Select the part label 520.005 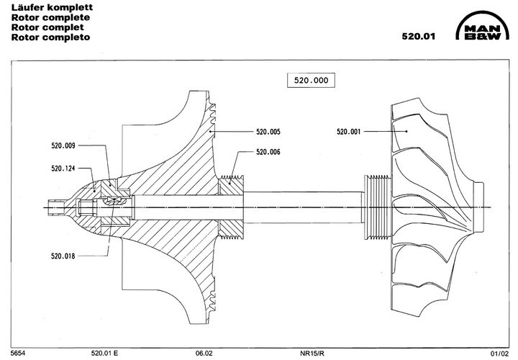[x=268, y=132]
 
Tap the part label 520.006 [x=268, y=152]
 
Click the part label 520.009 [x=63, y=145]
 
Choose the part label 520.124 [x=63, y=168]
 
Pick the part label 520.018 [x=63, y=255]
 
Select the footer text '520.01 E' [x=104, y=354]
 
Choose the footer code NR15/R [x=313, y=354]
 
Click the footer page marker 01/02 [x=499, y=354]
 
